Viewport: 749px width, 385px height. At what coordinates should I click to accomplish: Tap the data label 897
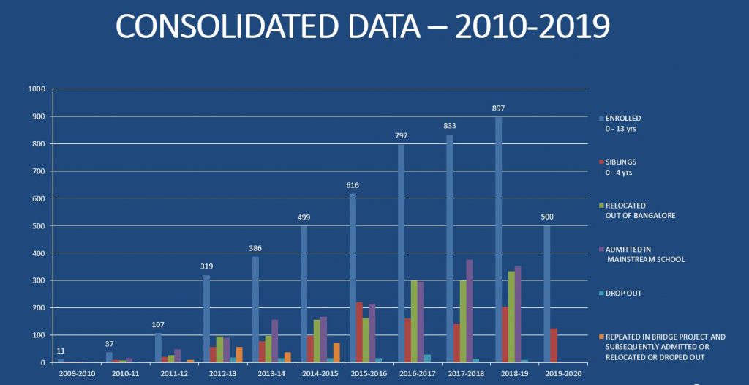(x=499, y=108)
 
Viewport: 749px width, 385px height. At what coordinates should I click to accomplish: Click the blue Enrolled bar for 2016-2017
(x=402, y=253)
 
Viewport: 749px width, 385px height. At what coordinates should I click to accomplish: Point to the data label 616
(x=353, y=185)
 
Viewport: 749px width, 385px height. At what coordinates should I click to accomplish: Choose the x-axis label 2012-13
(x=222, y=373)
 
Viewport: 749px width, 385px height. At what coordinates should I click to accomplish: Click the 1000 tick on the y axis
(x=37, y=89)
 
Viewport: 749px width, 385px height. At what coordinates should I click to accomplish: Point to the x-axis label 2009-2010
(x=78, y=373)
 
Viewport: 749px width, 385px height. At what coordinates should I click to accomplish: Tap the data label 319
(x=207, y=266)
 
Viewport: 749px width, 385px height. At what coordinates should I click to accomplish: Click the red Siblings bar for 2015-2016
(x=359, y=332)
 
